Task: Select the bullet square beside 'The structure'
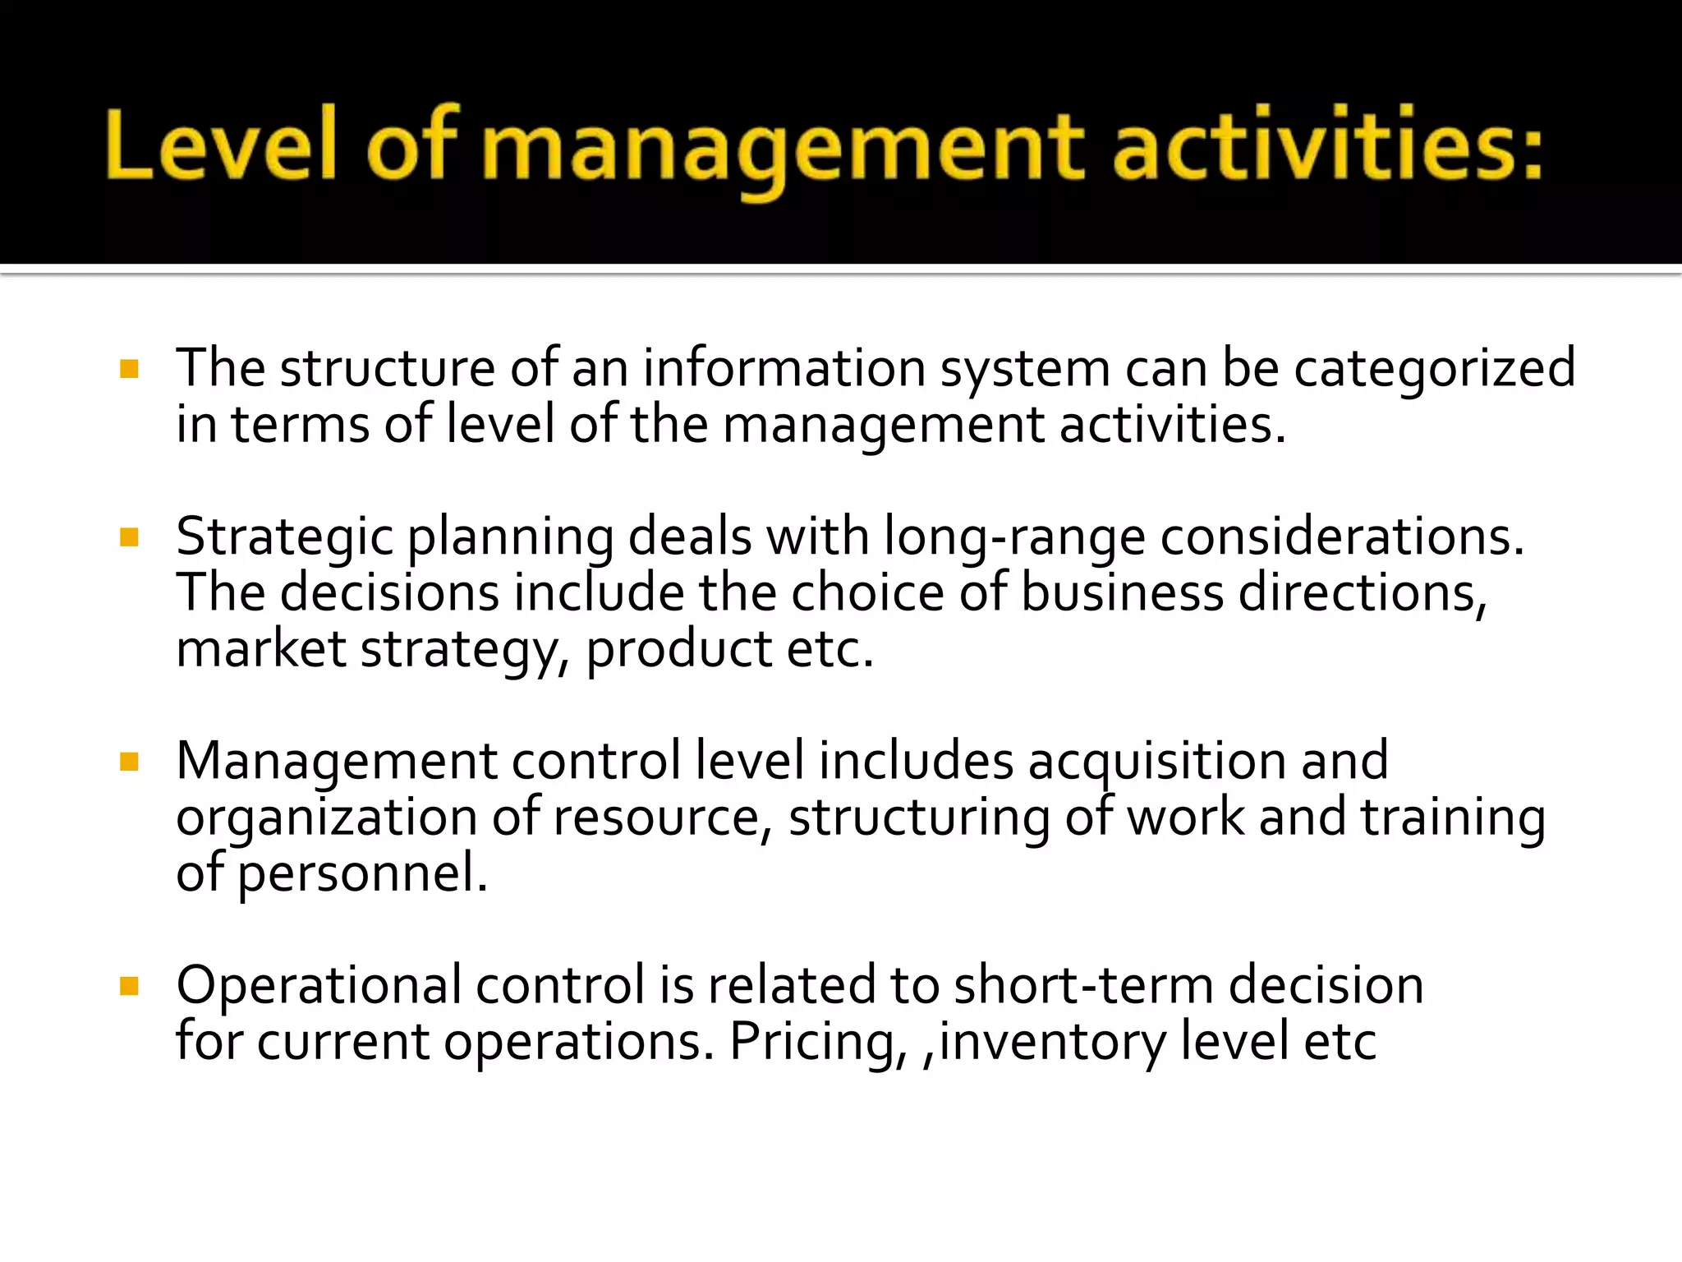[x=129, y=368]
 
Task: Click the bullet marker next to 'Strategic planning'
[x=129, y=537]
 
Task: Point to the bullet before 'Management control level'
[x=129, y=762]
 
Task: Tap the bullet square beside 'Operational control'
[x=129, y=985]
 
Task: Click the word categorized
[x=1435, y=370]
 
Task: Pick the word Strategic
[x=285, y=539]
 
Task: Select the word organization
[x=326, y=819]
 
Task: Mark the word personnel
[x=362, y=874]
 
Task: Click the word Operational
[x=319, y=987]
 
